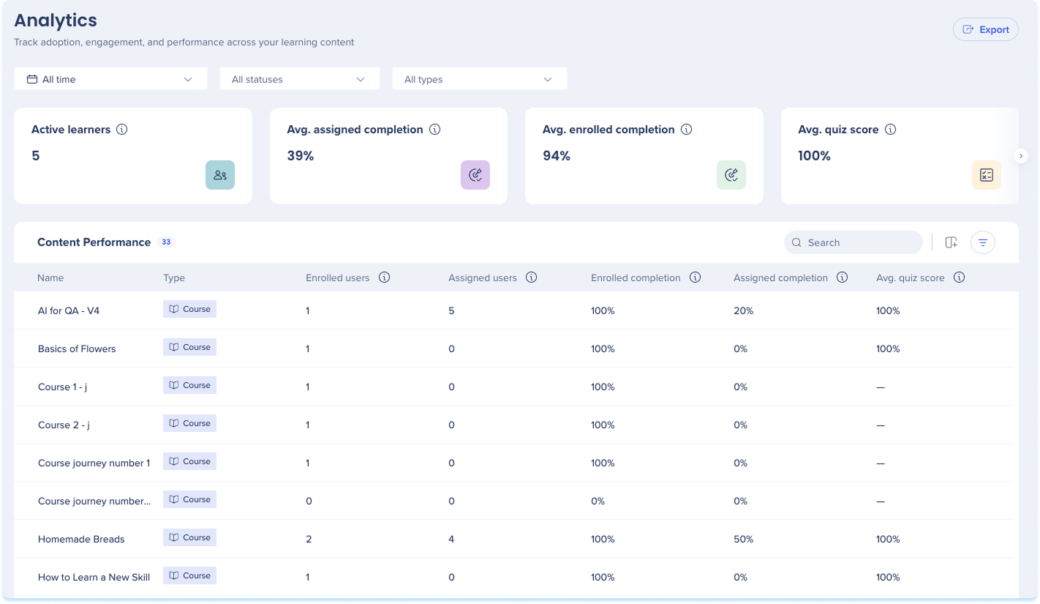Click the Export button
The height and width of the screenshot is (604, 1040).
click(x=986, y=30)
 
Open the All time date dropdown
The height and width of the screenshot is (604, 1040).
click(x=110, y=79)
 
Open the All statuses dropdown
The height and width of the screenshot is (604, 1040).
click(x=299, y=79)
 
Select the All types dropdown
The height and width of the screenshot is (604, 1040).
click(x=480, y=79)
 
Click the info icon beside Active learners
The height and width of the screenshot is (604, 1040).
click(x=121, y=130)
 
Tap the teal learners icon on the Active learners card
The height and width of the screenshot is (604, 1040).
click(x=220, y=175)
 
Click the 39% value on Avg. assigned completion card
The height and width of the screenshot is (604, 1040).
click(x=301, y=156)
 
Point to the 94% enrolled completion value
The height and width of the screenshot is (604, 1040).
click(x=557, y=156)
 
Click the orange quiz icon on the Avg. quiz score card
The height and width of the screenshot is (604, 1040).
click(x=986, y=175)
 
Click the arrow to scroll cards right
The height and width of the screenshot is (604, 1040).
click(x=1020, y=156)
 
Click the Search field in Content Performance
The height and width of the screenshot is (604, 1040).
click(x=854, y=242)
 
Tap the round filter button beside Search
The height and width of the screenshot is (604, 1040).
click(x=983, y=242)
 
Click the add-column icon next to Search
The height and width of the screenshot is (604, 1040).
click(x=951, y=242)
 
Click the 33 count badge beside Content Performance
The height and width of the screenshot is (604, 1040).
click(x=166, y=242)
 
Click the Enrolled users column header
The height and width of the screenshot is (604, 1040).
click(x=338, y=278)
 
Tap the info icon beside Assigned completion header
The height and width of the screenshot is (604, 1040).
click(x=843, y=277)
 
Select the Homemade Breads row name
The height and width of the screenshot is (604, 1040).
click(x=81, y=539)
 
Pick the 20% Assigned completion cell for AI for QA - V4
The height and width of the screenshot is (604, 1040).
click(x=743, y=311)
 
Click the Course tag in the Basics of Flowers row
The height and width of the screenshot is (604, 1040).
click(x=189, y=347)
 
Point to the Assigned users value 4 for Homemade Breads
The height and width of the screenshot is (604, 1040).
click(x=451, y=539)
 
